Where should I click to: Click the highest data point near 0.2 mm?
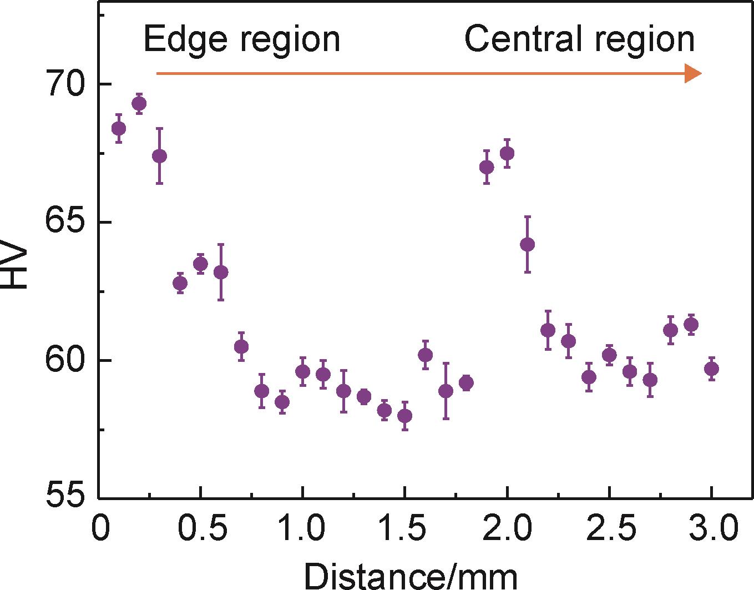click(139, 104)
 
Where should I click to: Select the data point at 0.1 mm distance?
click(119, 129)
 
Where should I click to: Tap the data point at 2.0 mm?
click(507, 153)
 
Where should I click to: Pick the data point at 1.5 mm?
click(404, 416)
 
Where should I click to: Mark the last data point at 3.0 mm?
click(711, 369)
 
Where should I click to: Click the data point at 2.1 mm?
click(528, 244)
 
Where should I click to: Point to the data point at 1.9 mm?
click(487, 167)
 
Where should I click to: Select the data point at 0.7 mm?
click(241, 346)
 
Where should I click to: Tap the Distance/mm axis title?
click(410, 576)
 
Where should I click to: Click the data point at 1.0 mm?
click(302, 371)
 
